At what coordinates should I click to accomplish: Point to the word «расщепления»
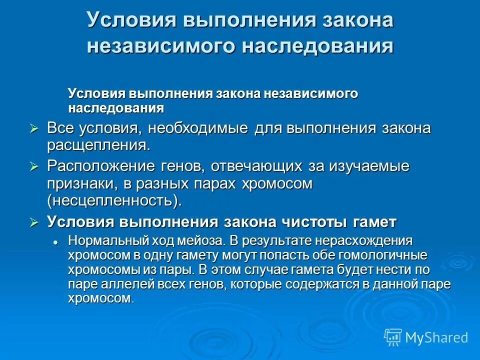tap(97, 146)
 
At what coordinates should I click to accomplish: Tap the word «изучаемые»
tap(368, 166)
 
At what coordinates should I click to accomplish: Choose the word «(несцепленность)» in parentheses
tap(112, 201)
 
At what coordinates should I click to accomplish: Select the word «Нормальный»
tap(101, 240)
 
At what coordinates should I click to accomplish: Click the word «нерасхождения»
tap(370, 240)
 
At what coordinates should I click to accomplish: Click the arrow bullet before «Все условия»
tap(34, 129)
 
